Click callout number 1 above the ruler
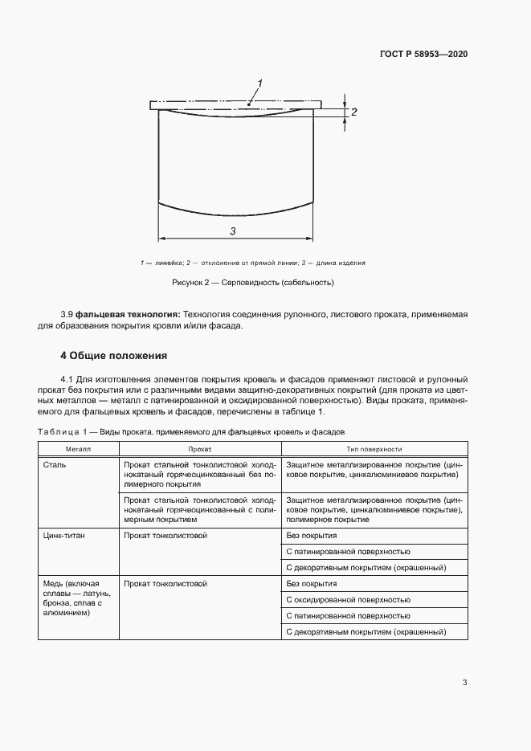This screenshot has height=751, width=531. click(x=259, y=84)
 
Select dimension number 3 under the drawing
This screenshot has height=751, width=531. click(x=232, y=231)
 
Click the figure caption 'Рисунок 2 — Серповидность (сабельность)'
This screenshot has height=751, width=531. click(x=252, y=283)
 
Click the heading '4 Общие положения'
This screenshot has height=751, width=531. click(x=113, y=354)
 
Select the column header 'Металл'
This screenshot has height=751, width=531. click(x=79, y=450)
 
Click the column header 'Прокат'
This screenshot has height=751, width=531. click(x=199, y=450)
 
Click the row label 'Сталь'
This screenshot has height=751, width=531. click(x=56, y=465)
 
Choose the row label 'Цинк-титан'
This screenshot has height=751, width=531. click(x=67, y=535)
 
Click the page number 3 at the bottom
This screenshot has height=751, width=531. click(x=464, y=683)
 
